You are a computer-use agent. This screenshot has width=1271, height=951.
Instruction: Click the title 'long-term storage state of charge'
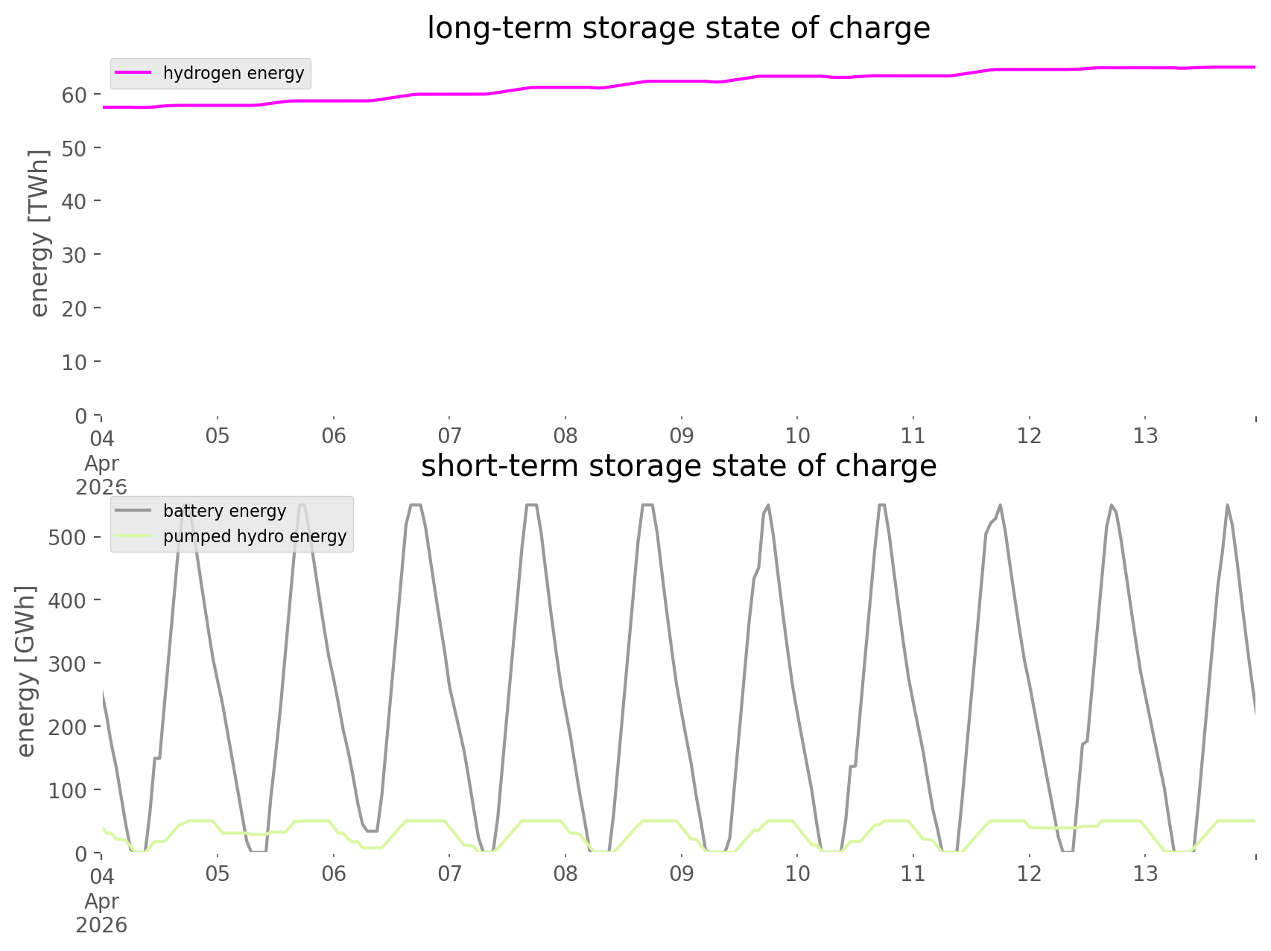pos(678,28)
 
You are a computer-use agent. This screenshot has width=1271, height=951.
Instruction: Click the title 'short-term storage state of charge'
pos(678,466)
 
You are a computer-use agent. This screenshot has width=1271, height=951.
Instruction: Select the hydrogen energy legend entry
pos(233,73)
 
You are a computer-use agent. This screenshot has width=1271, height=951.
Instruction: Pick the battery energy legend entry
pos(224,511)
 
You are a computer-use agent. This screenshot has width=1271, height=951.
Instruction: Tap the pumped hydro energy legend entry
pos(255,536)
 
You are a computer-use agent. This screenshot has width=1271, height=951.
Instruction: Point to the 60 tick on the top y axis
pos(75,95)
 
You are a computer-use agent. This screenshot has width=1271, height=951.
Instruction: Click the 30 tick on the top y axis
pos(75,255)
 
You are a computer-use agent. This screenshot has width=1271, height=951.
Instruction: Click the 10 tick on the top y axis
pos(75,362)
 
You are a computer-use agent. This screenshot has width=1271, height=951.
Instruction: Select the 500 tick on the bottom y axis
pos(67,538)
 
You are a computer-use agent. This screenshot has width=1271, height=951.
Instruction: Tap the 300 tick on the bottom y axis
pos(67,664)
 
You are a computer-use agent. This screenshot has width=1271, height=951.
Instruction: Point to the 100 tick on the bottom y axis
pos(67,790)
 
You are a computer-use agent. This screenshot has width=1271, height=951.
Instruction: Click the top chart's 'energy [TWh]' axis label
pos(39,233)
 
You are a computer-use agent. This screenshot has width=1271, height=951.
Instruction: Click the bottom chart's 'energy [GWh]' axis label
pos(27,671)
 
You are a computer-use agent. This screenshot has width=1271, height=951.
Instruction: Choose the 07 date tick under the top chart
pos(449,436)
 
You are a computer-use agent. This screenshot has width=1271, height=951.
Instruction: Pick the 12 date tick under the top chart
pos(1029,436)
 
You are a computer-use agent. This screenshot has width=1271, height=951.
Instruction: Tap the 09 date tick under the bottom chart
pos(681,874)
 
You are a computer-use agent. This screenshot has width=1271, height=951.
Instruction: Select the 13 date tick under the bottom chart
pos(1145,874)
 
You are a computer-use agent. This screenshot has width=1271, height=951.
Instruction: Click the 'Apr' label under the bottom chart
pos(101,901)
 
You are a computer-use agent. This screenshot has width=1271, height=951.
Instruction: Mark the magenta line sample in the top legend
pos(134,73)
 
